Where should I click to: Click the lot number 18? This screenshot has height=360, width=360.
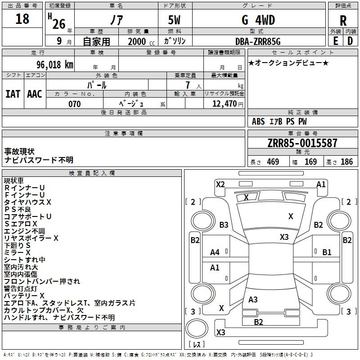[22, 19]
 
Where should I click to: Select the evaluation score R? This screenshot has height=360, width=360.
[343, 21]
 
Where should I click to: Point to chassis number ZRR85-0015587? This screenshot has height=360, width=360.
[302, 144]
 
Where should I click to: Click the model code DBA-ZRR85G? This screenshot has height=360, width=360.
[258, 41]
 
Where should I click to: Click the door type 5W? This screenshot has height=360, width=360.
[175, 20]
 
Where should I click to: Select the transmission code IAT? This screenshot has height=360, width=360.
[13, 94]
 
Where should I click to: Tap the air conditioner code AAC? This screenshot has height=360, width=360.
[35, 94]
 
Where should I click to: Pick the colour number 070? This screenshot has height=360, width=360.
[74, 104]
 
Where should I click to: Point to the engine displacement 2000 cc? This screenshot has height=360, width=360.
[137, 41]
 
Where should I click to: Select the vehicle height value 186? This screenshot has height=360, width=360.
[347, 162]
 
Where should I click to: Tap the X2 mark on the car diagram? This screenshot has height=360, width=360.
[220, 184]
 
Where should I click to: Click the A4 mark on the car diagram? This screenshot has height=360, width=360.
[215, 252]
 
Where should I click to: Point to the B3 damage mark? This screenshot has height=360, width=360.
[224, 225]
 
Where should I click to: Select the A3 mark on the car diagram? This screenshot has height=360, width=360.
[253, 300]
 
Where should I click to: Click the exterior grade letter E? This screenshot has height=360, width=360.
[335, 41]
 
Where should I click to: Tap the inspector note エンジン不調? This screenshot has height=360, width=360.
[24, 231]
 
